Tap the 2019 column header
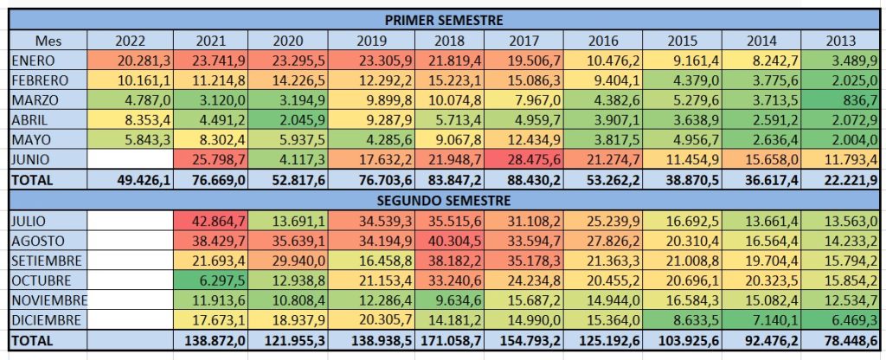[374, 40]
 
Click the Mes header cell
[48, 40]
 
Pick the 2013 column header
[839, 40]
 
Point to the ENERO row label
[35, 60]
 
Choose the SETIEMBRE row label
[48, 260]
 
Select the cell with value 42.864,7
[212, 221]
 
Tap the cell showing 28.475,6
[523, 160]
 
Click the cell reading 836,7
[839, 100]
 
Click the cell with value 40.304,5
[450, 241]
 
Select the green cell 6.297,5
[212, 280]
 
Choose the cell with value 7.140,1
[761, 319]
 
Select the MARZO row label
[35, 100]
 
